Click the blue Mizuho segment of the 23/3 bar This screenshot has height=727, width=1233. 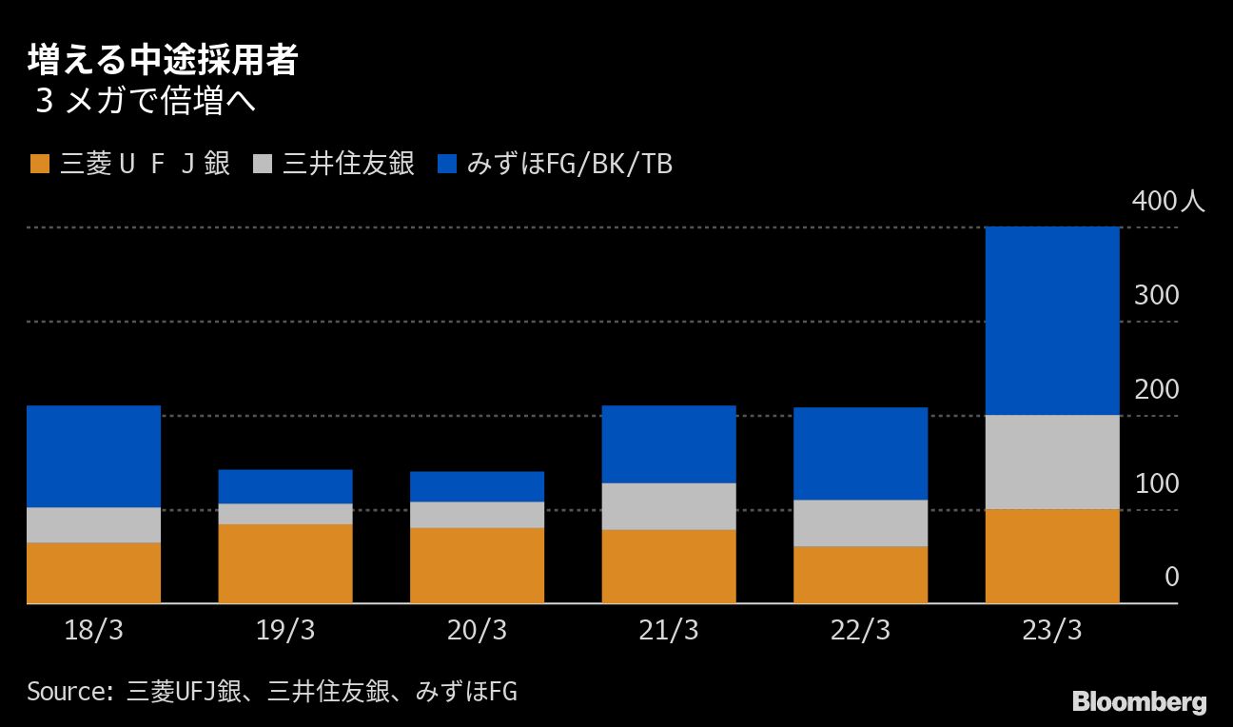[x=1052, y=321]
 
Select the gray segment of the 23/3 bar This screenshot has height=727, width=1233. [x=1052, y=462]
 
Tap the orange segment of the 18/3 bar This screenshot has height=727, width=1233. [x=93, y=573]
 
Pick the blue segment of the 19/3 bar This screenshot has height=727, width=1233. [x=285, y=486]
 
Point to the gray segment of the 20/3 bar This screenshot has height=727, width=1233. [x=477, y=515]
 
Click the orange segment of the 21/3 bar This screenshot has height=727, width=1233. [x=669, y=566]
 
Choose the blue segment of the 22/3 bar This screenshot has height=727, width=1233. [x=860, y=453]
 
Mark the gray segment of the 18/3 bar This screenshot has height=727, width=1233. [x=93, y=525]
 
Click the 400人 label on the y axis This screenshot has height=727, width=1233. [x=1168, y=201]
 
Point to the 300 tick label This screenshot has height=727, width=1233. [x=1157, y=295]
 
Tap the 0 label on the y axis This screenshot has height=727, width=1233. [x=1172, y=577]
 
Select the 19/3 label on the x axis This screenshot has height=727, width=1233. [x=285, y=630]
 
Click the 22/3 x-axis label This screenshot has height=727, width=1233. [x=860, y=630]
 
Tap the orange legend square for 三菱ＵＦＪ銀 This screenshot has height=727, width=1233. [x=40, y=164]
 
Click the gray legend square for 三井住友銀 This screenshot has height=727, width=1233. [x=262, y=164]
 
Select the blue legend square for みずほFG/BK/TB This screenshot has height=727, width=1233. [x=447, y=164]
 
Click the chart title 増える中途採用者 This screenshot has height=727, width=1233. [x=163, y=60]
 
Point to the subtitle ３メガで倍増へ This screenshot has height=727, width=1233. [x=146, y=101]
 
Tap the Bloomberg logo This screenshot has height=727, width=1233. [x=1140, y=702]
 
